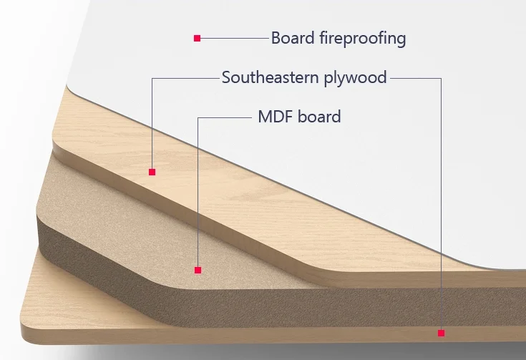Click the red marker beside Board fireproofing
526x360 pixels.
[197, 38]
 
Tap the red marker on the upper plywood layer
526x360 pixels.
[152, 172]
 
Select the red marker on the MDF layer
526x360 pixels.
[198, 270]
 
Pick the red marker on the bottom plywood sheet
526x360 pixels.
[441, 333]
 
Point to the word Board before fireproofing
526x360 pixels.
[292, 38]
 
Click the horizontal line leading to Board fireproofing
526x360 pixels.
[233, 38]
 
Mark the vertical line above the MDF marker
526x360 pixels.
[198, 193]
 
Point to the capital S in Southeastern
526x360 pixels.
[226, 77]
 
